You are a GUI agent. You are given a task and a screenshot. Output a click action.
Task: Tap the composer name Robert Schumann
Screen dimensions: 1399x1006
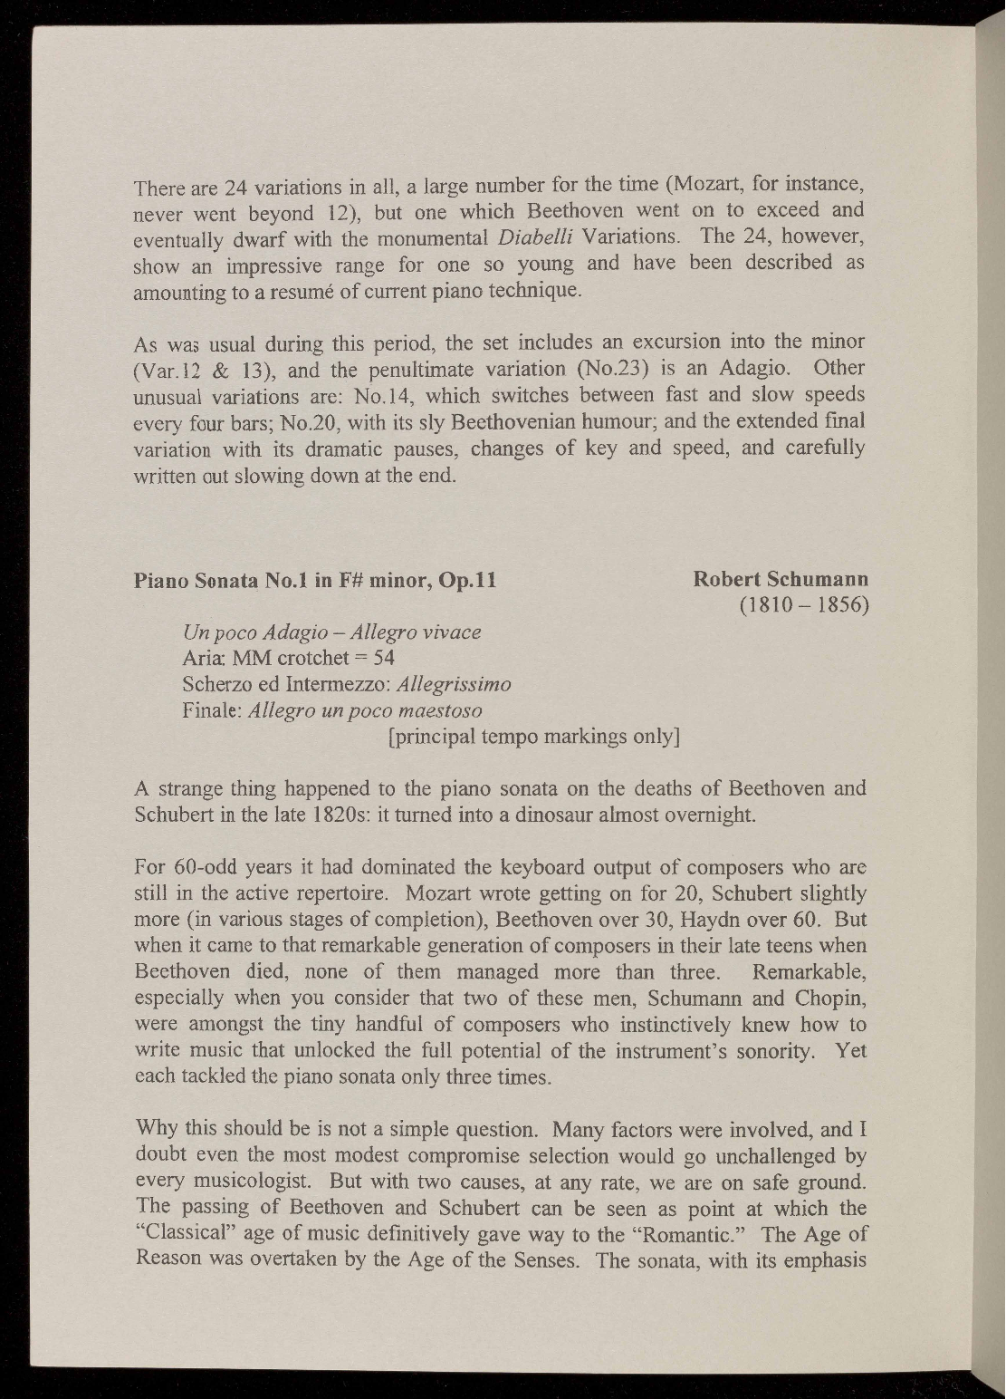[x=781, y=578]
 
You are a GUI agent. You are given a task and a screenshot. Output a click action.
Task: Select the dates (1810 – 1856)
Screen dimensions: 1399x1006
[x=804, y=604]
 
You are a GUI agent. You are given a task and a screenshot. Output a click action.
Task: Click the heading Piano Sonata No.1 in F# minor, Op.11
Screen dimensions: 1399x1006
[x=314, y=580]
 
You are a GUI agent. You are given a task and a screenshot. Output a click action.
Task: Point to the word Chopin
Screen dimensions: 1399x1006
[x=834, y=999]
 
